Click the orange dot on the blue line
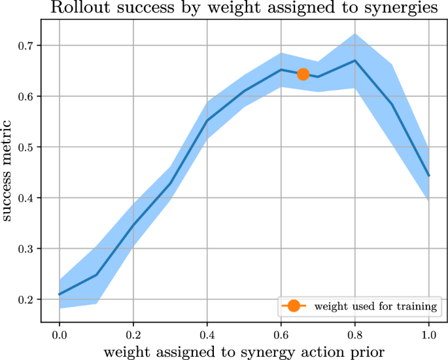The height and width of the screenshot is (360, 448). click(303, 74)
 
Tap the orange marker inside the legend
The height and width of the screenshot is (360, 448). click(293, 306)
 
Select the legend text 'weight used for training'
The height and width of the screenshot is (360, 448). click(375, 306)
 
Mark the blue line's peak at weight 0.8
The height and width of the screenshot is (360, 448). click(354, 60)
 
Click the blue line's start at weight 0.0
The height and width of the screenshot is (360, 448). click(60, 295)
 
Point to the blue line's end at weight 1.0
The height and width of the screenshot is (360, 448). click(428, 175)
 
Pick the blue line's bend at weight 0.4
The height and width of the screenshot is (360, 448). click(207, 120)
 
